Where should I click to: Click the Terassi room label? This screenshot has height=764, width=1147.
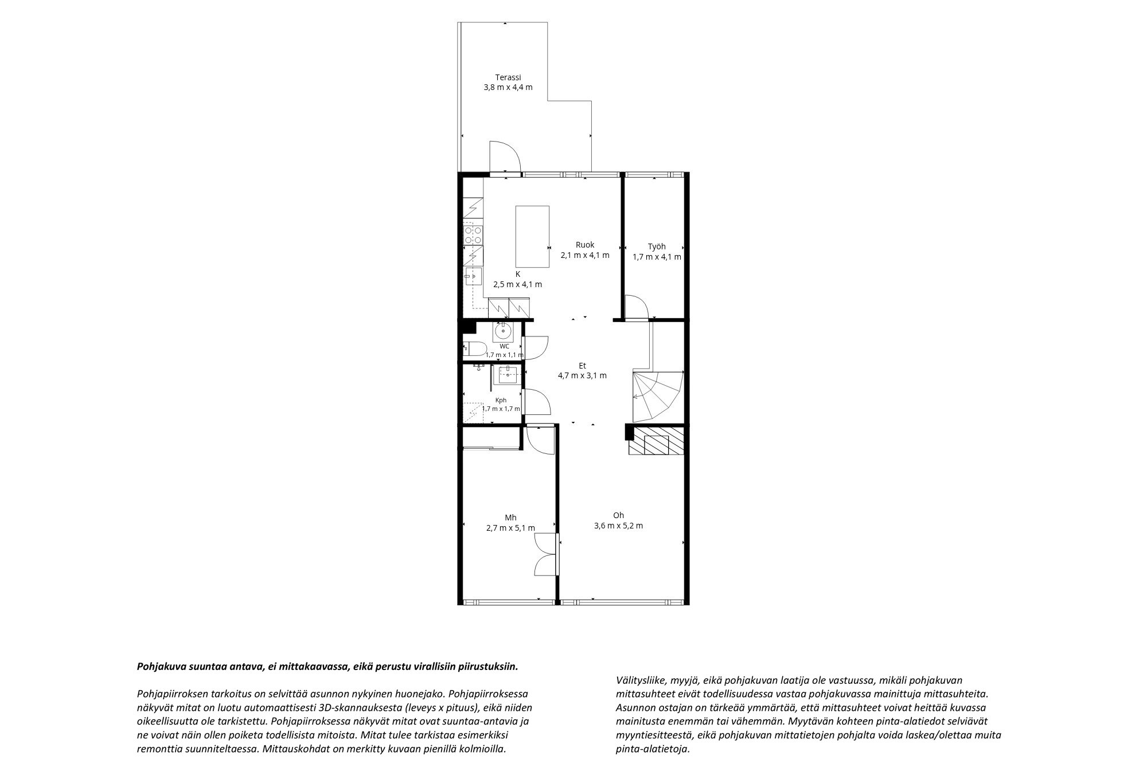[508, 77]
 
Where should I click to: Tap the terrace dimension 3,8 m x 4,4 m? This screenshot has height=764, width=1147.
[508, 88]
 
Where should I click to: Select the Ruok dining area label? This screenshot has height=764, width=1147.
[585, 245]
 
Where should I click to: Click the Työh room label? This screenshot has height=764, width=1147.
[657, 246]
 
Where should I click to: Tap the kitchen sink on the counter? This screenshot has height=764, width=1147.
[473, 276]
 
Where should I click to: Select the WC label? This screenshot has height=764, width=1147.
[504, 346]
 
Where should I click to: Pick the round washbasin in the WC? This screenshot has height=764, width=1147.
[503, 331]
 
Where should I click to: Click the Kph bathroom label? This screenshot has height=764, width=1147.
[501, 400]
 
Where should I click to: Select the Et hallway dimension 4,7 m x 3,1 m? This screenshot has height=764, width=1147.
[582, 376]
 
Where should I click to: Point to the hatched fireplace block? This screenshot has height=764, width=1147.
[657, 440]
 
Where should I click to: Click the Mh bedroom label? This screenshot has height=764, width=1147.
[510, 518]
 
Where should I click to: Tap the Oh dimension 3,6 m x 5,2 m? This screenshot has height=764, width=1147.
[618, 526]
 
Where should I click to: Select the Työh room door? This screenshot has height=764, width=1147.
[636, 307]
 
